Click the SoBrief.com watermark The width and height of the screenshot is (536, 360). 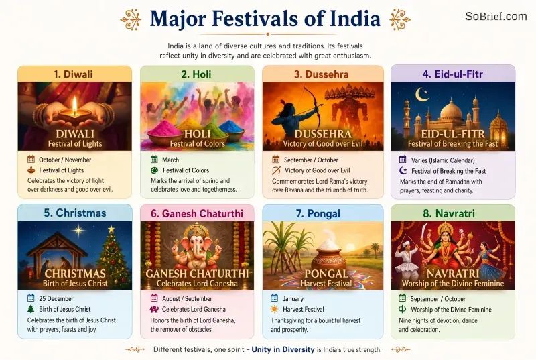496,16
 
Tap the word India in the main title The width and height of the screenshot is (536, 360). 355,19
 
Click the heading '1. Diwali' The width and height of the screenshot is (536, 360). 73,74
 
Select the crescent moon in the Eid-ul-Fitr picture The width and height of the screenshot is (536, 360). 421,95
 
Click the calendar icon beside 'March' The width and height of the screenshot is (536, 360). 154,160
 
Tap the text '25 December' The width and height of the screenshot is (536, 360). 56,298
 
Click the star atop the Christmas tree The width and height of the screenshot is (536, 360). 111,229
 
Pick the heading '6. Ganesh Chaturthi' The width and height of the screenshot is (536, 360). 197,213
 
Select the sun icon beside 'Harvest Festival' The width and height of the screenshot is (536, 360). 274,310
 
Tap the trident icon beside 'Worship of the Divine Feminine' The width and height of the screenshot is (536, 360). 403,309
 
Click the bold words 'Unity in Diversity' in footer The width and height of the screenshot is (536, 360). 283,349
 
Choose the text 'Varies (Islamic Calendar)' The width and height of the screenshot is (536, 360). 443,160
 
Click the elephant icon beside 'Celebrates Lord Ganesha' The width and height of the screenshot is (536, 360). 154,309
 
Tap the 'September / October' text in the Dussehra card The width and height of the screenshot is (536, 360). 311,160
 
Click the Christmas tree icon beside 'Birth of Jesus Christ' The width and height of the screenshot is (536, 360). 31,309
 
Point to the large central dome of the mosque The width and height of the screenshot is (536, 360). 451,111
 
